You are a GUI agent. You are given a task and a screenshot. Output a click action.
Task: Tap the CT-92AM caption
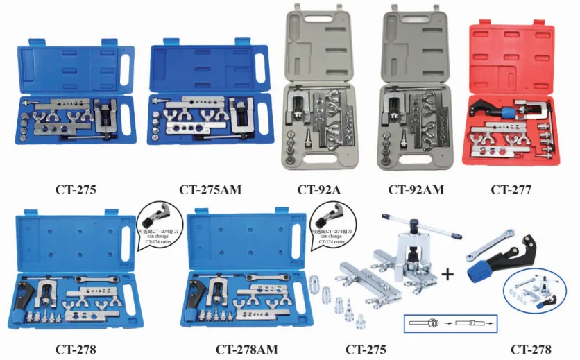pos(416,189)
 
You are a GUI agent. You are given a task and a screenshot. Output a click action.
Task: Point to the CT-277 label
pos(512,189)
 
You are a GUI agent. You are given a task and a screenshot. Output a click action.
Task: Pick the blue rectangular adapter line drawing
pos(451,323)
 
